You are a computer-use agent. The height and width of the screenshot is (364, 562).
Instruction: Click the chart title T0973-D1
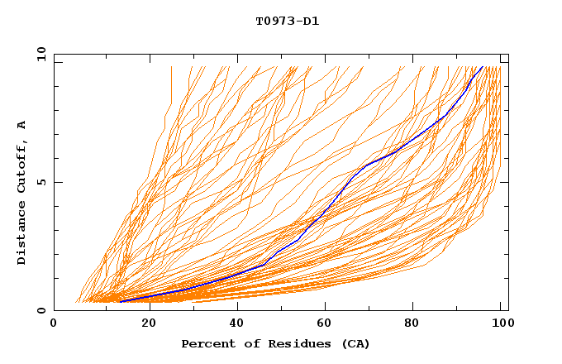287,21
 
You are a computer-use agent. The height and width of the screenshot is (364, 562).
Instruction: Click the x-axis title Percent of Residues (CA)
275,343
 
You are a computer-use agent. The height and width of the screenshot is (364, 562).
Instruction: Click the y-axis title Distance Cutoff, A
22,192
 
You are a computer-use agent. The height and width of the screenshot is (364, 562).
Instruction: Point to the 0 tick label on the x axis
54,325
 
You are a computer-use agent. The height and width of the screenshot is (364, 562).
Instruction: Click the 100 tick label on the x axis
500,325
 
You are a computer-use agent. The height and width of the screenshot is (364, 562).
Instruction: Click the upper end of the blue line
483,66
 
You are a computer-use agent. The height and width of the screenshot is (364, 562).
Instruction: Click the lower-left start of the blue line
121,301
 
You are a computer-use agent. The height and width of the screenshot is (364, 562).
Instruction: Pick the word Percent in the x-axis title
207,343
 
